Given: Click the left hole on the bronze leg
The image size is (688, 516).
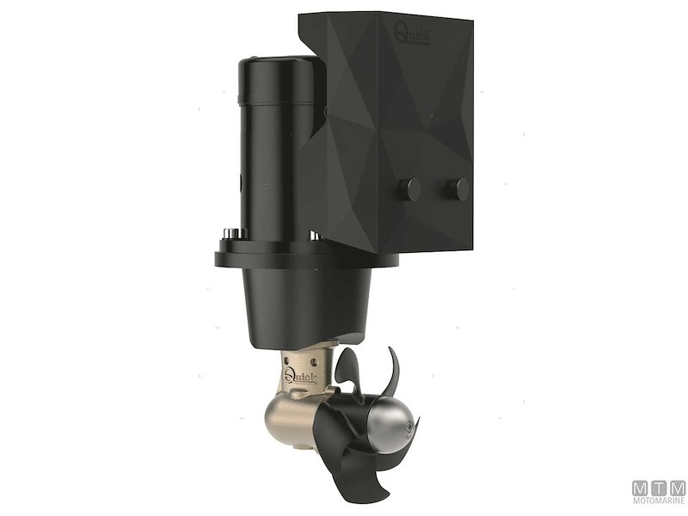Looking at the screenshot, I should pos(290,352).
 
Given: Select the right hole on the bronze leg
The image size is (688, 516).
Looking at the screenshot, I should pos(324,353).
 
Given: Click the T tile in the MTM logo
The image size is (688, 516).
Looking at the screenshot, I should pos(659,488).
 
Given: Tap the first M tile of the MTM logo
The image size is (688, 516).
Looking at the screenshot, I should pos(641,488).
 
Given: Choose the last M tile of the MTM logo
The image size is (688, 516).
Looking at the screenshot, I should pos(677,488).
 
